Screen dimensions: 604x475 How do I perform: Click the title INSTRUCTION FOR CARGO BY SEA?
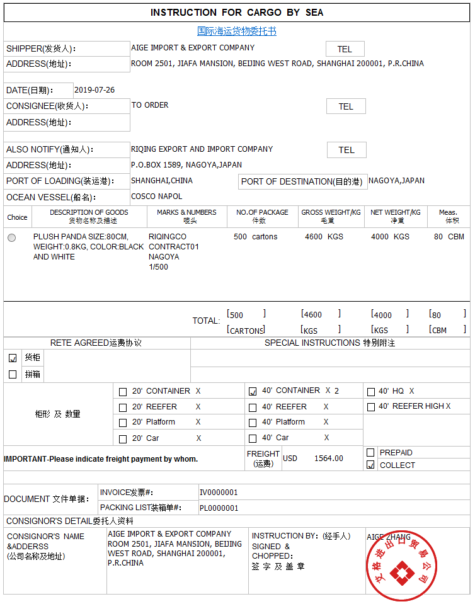pyautogui.click(x=237, y=13)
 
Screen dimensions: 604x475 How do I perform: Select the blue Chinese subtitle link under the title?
pyautogui.click(x=237, y=31)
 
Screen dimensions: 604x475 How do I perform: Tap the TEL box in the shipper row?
pyautogui.click(x=345, y=49)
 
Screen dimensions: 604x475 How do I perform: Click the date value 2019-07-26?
pyautogui.click(x=94, y=90)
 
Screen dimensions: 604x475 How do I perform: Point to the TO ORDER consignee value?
pyautogui.click(x=150, y=105)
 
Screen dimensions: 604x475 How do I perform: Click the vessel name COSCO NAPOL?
pyautogui.click(x=156, y=197)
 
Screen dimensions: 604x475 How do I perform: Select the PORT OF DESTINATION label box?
pyautogui.click(x=302, y=181)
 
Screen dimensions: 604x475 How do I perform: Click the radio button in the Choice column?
pyautogui.click(x=12, y=237)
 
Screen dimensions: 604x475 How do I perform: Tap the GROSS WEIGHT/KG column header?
pyautogui.click(x=331, y=216)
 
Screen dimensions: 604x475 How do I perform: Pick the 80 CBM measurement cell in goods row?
pyautogui.click(x=449, y=237)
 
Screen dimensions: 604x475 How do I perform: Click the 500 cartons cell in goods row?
pyautogui.click(x=255, y=237)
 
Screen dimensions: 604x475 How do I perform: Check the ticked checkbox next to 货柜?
pyautogui.click(x=13, y=358)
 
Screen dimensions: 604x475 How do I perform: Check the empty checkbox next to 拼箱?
pyautogui.click(x=13, y=374)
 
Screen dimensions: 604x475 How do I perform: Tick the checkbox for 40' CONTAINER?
pyautogui.click(x=253, y=391)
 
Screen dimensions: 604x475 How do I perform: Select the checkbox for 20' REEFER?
pyautogui.click(x=123, y=407)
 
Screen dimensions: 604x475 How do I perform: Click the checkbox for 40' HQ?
pyautogui.click(x=371, y=392)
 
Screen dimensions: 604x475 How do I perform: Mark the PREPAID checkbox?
pyautogui.click(x=370, y=452)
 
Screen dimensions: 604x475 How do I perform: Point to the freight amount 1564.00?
pyautogui.click(x=328, y=459)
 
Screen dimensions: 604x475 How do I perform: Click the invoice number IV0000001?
pyautogui.click(x=219, y=493)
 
